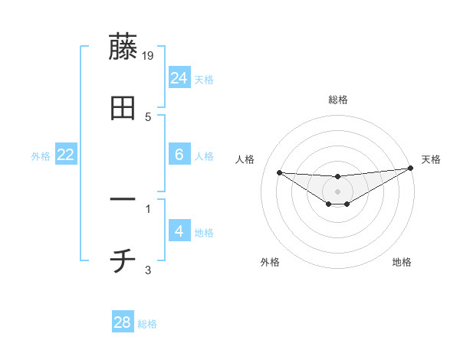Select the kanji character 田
123,109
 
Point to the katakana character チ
123,262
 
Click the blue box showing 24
179,77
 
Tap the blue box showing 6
179,155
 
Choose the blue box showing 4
179,231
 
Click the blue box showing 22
66,155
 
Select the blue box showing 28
123,322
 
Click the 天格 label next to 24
204,79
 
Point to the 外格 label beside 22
41,156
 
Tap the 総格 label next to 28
147,324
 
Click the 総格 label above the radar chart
337,100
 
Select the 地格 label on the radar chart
402,262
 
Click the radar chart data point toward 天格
411,169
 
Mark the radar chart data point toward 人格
279,172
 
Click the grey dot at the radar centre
337,191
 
